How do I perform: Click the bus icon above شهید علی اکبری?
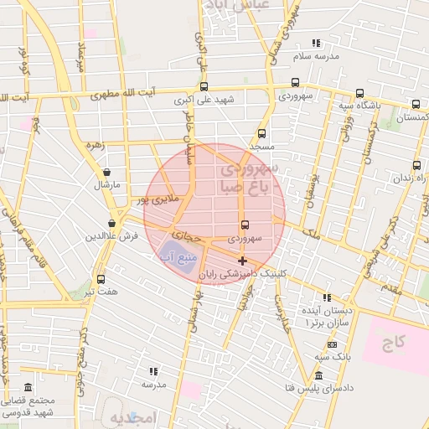coord(204,85)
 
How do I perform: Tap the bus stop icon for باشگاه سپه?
coord(359,93)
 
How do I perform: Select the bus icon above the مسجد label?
coord(261,132)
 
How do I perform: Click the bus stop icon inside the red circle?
coord(244,225)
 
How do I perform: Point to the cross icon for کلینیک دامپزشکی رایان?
coord(242,261)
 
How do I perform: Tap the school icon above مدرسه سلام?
coord(316,43)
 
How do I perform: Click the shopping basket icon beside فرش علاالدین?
coord(111,223)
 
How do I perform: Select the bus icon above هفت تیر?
coord(101,279)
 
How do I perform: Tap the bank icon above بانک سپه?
coord(332,344)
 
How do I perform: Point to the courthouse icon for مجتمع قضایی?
coord(28,388)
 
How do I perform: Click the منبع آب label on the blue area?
coord(175,256)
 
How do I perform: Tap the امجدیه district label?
coord(133,417)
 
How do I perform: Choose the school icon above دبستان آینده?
coord(327,297)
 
